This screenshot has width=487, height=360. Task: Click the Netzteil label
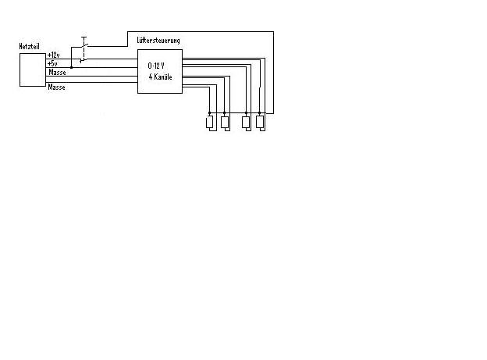click(29, 46)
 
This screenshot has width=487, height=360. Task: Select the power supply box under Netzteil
click(33, 70)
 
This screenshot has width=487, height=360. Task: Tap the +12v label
click(53, 55)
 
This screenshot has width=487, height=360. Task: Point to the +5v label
click(52, 63)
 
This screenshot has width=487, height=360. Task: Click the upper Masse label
click(57, 72)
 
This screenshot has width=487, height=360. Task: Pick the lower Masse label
click(56, 87)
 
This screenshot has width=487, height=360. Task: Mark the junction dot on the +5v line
click(72, 67)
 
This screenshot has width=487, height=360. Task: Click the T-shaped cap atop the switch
click(84, 37)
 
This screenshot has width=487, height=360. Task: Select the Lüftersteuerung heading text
click(158, 40)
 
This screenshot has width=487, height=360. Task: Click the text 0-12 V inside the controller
click(156, 66)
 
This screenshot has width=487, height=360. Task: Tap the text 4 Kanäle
click(160, 77)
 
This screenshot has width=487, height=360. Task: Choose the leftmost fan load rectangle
click(210, 122)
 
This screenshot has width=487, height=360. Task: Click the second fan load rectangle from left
click(225, 122)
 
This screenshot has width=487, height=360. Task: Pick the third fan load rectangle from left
click(246, 122)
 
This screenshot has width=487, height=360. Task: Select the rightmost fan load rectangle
click(260, 122)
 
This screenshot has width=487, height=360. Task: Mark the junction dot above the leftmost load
click(210, 112)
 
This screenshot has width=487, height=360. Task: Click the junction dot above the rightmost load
click(260, 112)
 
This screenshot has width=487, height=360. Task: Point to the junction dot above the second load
click(225, 112)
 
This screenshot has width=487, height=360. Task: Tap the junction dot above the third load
click(246, 112)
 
